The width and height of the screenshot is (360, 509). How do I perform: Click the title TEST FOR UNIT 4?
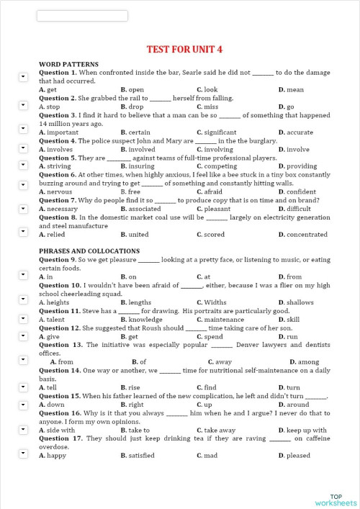[184, 49]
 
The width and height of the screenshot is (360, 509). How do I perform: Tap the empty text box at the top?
[81, 16]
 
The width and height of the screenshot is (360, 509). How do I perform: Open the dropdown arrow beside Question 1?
[22, 74]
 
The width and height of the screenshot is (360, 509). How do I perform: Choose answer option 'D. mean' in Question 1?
[291, 90]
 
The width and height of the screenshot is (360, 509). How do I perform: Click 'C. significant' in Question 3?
[216, 132]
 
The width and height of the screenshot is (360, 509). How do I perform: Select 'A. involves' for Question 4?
[55, 150]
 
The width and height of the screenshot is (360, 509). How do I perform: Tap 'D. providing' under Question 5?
[297, 166]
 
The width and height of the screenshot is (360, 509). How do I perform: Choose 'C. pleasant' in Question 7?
[214, 209]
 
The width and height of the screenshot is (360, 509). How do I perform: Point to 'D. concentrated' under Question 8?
[302, 235]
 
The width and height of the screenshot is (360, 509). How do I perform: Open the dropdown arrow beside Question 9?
[22, 261]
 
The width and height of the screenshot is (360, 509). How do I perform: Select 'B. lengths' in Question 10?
[136, 302]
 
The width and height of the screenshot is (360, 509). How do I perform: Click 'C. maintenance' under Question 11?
[220, 320]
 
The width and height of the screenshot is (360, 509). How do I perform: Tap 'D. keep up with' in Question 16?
[302, 431]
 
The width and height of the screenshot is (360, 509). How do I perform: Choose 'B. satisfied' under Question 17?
[138, 456]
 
